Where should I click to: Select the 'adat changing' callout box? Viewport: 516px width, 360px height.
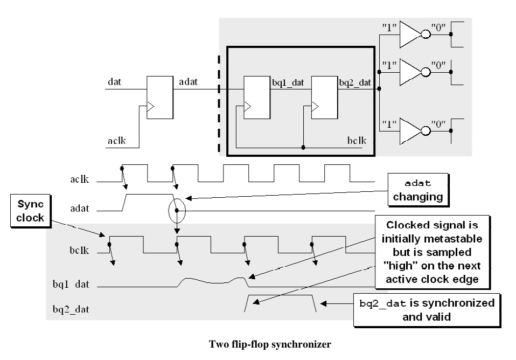(x=417, y=190)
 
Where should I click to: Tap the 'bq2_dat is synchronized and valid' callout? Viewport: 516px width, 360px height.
(x=427, y=309)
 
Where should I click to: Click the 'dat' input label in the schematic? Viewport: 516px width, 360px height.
(x=114, y=82)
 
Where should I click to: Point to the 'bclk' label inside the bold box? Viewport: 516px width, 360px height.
(x=356, y=141)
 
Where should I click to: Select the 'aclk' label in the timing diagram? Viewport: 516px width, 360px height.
(x=80, y=179)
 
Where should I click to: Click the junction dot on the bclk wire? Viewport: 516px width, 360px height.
(x=304, y=147)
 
